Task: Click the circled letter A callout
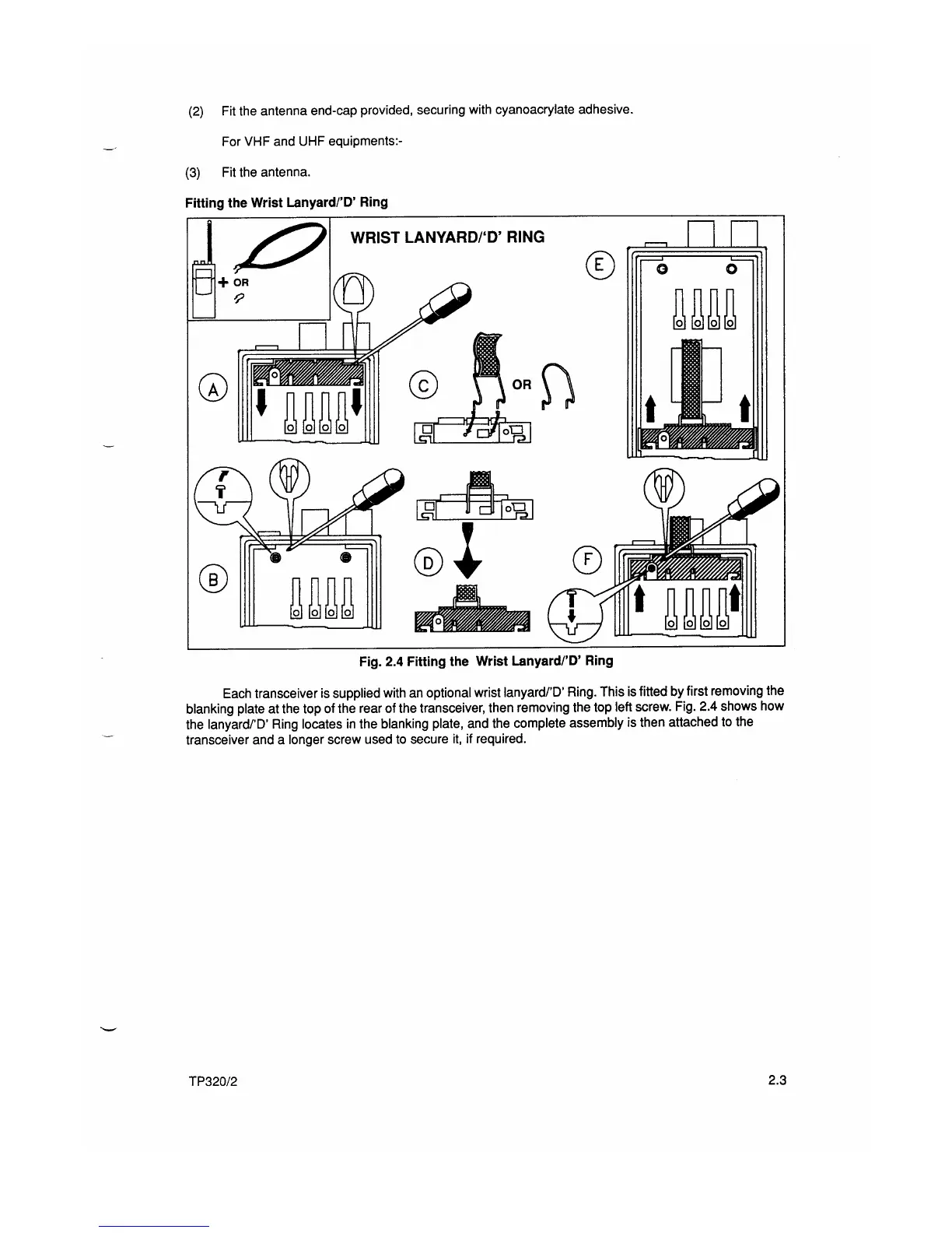(x=212, y=386)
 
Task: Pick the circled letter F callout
(x=587, y=559)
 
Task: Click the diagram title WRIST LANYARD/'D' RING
(x=447, y=237)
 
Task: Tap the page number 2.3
(x=777, y=1080)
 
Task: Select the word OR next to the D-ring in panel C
(x=521, y=385)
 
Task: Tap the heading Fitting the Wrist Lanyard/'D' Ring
(x=286, y=202)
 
